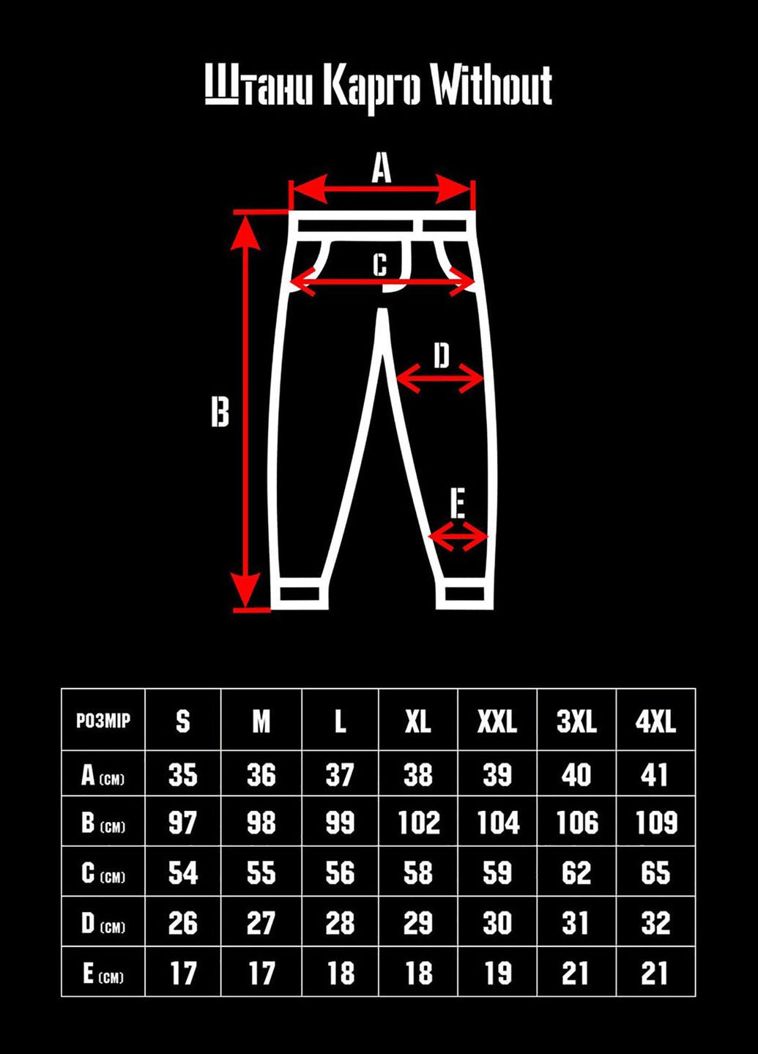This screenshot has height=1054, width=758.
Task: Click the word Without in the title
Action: pyautogui.click(x=490, y=87)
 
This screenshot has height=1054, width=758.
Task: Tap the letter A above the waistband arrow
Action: pyautogui.click(x=381, y=168)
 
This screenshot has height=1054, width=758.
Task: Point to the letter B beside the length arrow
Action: pyautogui.click(x=220, y=411)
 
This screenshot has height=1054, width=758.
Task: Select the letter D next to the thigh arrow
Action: pyautogui.click(x=441, y=356)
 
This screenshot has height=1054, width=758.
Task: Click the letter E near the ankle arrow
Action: pyautogui.click(x=458, y=504)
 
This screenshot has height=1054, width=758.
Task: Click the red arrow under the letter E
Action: pyautogui.click(x=458, y=538)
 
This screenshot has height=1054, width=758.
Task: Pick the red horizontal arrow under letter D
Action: pyautogui.click(x=440, y=379)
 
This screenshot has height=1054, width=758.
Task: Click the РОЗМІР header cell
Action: pyautogui.click(x=103, y=720)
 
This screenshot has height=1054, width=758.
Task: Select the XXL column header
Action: pyautogui.click(x=497, y=722)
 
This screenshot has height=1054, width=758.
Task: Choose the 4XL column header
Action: pyautogui.click(x=655, y=722)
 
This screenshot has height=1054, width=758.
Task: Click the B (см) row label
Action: pyautogui.click(x=103, y=823)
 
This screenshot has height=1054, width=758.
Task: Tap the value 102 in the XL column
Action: pyautogui.click(x=418, y=823)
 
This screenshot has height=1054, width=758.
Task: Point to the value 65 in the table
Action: pyautogui.click(x=655, y=873)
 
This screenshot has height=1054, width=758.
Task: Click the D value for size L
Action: pyautogui.click(x=340, y=923)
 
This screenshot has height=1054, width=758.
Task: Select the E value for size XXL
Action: pyautogui.click(x=497, y=973)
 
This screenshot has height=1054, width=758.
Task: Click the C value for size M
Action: pyautogui.click(x=261, y=873)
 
